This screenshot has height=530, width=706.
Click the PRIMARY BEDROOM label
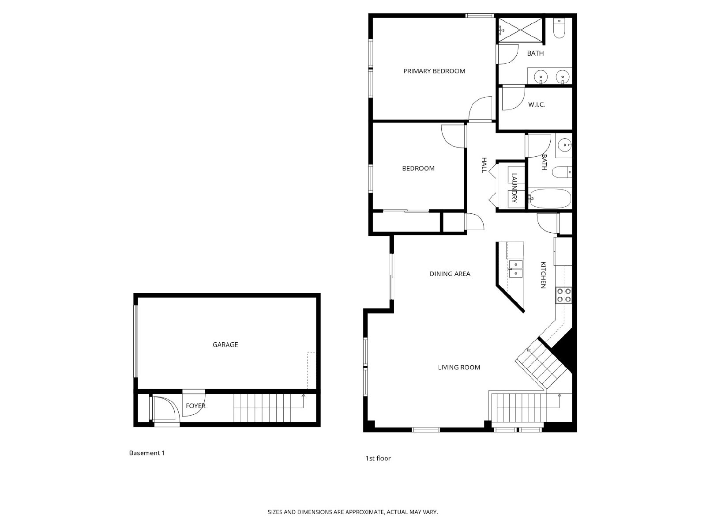[x=434, y=71]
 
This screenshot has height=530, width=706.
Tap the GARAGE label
[x=225, y=344]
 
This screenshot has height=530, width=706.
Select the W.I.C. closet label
[x=537, y=105]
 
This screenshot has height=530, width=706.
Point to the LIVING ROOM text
[x=459, y=367]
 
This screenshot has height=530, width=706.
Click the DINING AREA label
[x=450, y=274]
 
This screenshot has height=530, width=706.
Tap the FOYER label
[x=195, y=406]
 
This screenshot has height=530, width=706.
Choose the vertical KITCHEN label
[x=543, y=275]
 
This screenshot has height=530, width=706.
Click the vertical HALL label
[x=484, y=165]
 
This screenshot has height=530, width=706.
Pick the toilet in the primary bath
[x=560, y=28]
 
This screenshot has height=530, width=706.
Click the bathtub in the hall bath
[x=550, y=199]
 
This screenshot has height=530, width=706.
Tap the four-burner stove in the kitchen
[x=564, y=295]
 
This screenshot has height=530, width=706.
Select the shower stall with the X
[x=520, y=30]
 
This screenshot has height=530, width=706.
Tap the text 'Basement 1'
[x=147, y=453]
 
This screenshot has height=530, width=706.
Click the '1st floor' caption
[x=378, y=458]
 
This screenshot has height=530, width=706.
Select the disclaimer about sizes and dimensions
[x=353, y=512]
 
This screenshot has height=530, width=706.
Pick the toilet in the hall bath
[x=562, y=172]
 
